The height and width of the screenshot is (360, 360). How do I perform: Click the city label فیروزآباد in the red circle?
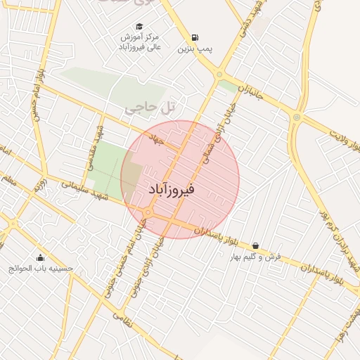coord(172,190)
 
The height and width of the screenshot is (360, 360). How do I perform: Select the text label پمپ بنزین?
coord(194,49)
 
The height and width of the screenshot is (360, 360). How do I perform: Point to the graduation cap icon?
coord(139,26)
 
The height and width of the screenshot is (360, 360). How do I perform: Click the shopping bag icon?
coord(255,246)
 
